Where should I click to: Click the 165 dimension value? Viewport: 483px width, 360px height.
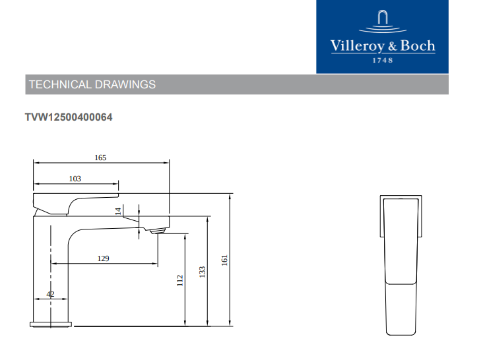100,158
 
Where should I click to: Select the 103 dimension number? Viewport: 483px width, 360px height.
75,179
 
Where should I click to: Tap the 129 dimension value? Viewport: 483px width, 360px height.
103,258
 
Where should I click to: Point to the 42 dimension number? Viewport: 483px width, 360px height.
50,295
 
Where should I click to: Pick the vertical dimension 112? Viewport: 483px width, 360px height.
180,281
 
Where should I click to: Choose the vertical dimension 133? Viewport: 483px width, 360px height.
202,272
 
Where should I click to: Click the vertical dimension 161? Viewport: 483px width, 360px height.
224,260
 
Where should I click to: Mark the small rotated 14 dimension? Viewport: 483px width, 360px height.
118,211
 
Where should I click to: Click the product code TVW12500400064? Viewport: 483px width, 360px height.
69,117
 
